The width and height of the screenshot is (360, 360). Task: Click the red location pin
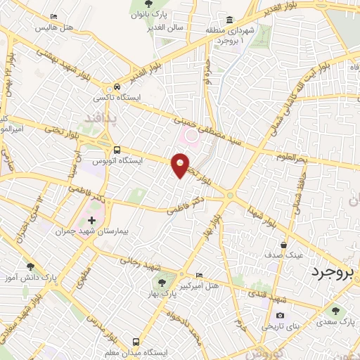click(181, 165)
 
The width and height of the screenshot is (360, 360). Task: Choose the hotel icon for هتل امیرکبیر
click(199, 275)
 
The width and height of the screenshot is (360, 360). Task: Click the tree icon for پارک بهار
click(162, 283)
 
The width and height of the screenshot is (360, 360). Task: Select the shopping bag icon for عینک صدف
click(283, 245)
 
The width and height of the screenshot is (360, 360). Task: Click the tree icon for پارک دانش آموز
click(30, 266)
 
